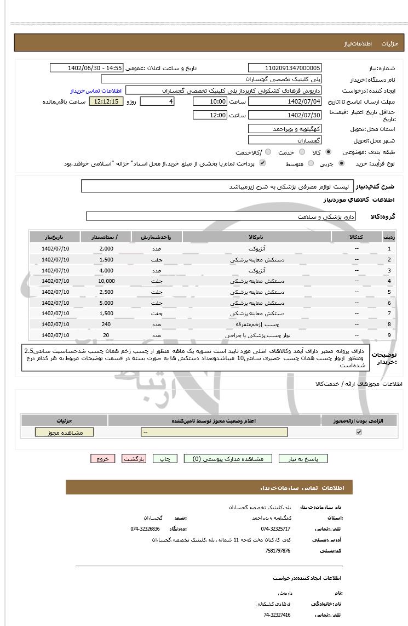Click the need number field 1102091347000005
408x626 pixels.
click(285, 68)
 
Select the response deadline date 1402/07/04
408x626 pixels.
click(285, 101)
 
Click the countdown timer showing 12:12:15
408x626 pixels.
click(106, 101)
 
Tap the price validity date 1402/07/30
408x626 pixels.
click(285, 115)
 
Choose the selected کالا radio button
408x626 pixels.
click(328, 152)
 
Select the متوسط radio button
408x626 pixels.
click(311, 163)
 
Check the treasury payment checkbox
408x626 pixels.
click(262, 163)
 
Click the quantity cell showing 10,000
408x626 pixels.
click(106, 281)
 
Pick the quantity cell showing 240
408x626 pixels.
click(106, 325)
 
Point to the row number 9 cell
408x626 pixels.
click(389, 335)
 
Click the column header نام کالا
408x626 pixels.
click(256, 237)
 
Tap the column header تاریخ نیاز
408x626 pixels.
click(54, 237)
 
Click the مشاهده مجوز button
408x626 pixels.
click(65, 432)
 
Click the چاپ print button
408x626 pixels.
click(164, 459)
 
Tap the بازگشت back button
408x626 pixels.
click(134, 459)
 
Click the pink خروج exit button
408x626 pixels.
click(103, 459)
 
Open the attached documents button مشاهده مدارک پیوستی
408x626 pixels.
click(227, 459)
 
